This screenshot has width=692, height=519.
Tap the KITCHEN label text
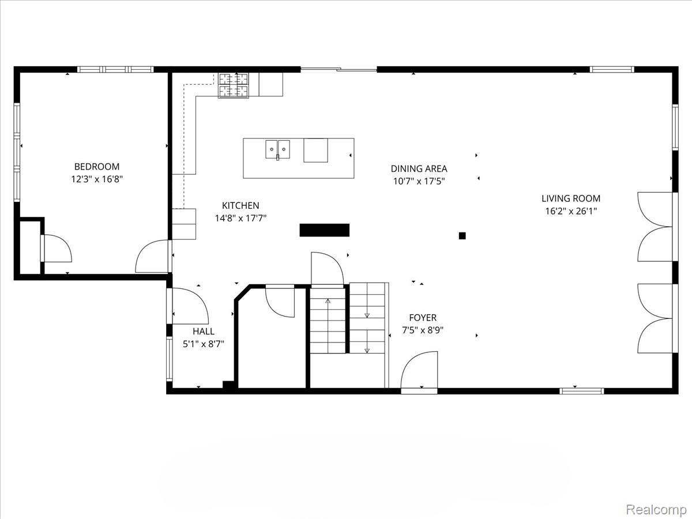click(x=240, y=205)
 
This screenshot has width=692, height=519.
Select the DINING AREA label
click(x=419, y=169)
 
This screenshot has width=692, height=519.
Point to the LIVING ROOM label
click(x=571, y=198)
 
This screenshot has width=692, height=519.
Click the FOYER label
click(x=423, y=318)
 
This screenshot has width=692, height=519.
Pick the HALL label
click(x=204, y=332)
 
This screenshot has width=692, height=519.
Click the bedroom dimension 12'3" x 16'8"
click(x=97, y=179)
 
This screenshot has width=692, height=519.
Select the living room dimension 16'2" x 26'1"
click(x=571, y=211)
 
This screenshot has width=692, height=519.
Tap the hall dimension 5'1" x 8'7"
click(x=204, y=344)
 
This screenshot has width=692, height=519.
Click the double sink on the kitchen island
click(x=277, y=149)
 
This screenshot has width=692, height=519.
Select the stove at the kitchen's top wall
click(x=233, y=85)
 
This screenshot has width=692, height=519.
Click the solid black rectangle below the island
click(x=325, y=230)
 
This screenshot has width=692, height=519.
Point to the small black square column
click(x=462, y=235)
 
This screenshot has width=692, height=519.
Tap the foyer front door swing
click(x=420, y=372)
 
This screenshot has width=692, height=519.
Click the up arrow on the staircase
click(x=328, y=300)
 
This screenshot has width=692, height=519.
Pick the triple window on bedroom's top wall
click(x=115, y=69)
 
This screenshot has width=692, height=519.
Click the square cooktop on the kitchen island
click(x=315, y=151)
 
